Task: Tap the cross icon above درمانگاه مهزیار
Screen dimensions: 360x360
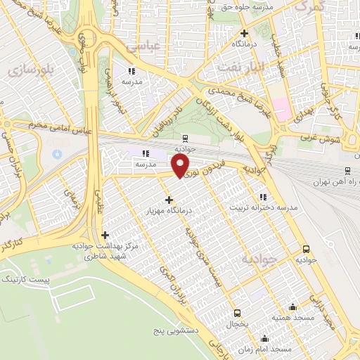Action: pos(169,200)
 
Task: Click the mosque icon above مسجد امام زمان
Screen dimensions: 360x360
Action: pos(264,338)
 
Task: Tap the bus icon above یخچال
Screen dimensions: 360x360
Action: pos(237,313)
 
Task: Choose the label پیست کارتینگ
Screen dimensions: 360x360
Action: pos(27,279)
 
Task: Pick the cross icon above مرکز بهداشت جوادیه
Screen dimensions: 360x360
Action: pos(105,235)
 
